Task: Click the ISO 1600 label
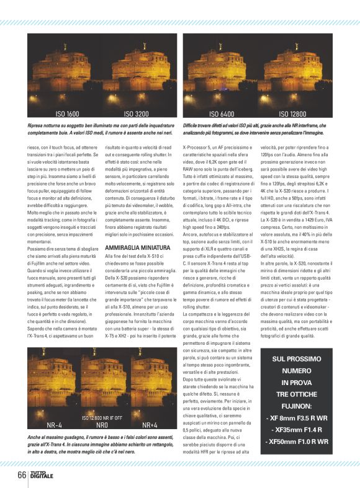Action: coord(67,114)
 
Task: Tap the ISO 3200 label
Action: coord(136,114)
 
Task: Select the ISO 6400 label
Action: coord(222,114)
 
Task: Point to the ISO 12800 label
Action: coord(292,114)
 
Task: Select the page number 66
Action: coord(22,476)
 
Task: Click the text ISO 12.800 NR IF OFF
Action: coord(102,400)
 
